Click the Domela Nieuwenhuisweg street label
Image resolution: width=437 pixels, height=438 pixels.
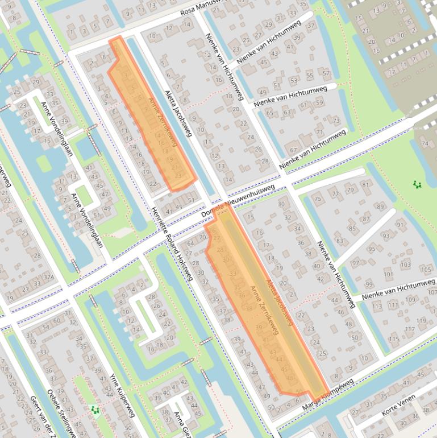pos(239,201)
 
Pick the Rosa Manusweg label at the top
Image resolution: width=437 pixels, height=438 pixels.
pos(202,7)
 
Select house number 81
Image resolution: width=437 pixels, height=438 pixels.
pos(365,184)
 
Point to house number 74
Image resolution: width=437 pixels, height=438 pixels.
pos(424,143)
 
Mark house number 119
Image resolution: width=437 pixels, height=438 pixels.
pos(421,321)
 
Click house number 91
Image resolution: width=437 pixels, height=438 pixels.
pos(400,224)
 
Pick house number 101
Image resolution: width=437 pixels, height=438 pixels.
pos(389,274)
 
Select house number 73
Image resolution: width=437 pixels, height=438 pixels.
pos(336,121)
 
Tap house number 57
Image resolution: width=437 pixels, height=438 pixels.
pos(326,73)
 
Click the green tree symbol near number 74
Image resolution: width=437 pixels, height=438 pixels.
pos(417,184)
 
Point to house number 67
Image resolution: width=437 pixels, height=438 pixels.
pos(293,150)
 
